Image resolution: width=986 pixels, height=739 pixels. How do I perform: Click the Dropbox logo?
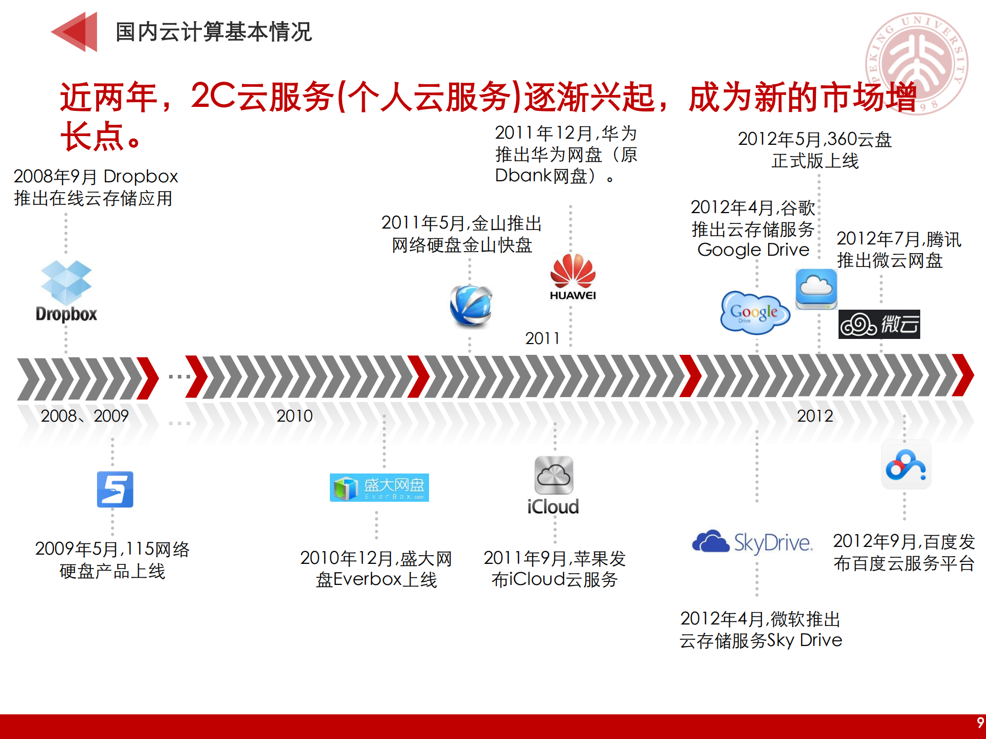click(x=66, y=290)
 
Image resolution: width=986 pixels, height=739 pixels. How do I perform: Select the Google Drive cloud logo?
click(x=754, y=312)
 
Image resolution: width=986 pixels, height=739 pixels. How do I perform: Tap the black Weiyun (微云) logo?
click(x=879, y=324)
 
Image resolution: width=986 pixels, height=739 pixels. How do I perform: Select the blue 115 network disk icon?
click(x=115, y=489)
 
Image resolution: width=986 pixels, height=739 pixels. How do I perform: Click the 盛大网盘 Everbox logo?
click(x=379, y=487)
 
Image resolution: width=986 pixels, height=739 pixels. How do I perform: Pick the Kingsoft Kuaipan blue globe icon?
click(x=471, y=306)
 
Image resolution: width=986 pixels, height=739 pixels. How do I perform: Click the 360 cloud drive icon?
click(x=816, y=289)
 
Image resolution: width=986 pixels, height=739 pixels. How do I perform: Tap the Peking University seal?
click(x=917, y=63)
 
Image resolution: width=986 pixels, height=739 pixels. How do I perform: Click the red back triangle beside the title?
click(x=76, y=32)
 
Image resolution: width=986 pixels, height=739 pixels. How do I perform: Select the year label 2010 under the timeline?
click(x=294, y=415)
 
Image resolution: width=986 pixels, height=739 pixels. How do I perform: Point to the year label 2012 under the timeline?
click(x=815, y=415)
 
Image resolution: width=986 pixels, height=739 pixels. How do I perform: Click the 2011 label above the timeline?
click(x=542, y=338)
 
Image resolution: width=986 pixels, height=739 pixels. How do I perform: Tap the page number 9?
click(x=980, y=723)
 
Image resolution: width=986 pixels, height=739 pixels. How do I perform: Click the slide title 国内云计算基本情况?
click(x=214, y=32)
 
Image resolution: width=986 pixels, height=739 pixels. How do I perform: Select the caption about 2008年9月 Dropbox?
click(x=96, y=187)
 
